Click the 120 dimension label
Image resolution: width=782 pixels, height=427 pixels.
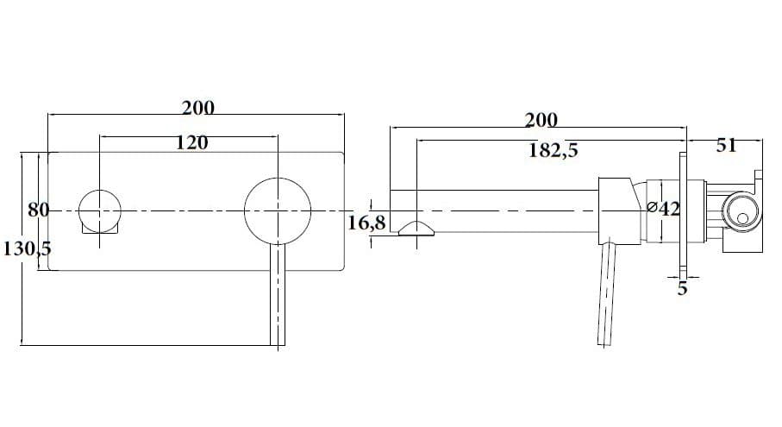pyautogui.click(x=191, y=143)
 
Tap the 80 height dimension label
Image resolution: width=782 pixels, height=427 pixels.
pyautogui.click(x=39, y=210)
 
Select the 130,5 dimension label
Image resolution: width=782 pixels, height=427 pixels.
pyautogui.click(x=27, y=248)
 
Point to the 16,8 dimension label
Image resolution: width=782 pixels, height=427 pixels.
pyautogui.click(x=366, y=223)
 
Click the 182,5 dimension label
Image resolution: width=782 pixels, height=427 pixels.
pyautogui.click(x=553, y=149)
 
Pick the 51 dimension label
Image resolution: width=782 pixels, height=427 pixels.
pyautogui.click(x=726, y=145)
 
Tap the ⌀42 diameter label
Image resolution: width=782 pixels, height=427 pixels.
pyautogui.click(x=663, y=208)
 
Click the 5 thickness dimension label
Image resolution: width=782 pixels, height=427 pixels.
pyautogui.click(x=682, y=288)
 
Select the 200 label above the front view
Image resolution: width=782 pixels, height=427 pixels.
pyautogui.click(x=198, y=108)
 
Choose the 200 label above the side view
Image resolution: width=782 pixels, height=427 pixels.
pyautogui.click(x=541, y=120)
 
